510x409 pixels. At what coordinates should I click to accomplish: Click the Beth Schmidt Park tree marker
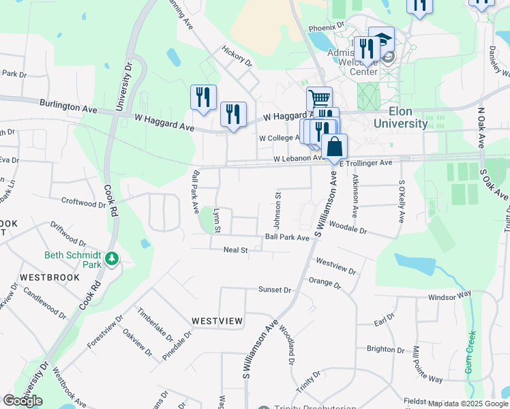[112, 258]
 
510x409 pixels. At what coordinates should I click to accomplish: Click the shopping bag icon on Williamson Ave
[334, 147]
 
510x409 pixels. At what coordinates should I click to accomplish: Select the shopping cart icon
[318, 98]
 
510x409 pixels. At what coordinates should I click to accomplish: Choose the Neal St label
[235, 250]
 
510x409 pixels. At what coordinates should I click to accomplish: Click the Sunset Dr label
[275, 290]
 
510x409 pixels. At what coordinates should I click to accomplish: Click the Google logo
[22, 400]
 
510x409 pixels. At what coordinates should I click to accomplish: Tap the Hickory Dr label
[237, 56]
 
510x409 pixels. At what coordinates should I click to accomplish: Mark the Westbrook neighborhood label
[49, 278]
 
